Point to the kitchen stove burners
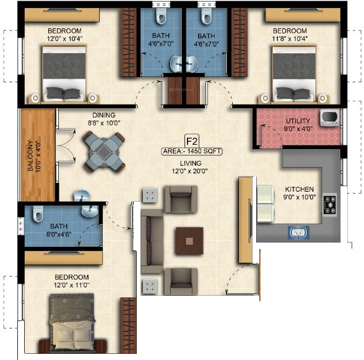coord(329,204)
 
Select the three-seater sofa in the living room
coord(152,241)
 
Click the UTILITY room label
coord(297,121)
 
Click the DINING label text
coord(103,114)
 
